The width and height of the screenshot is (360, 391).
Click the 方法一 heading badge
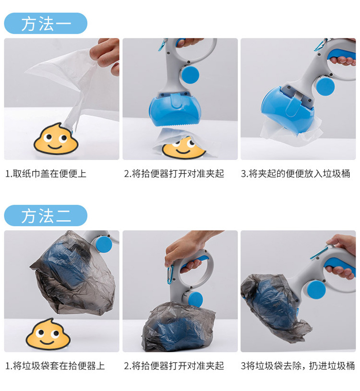(x=46, y=24)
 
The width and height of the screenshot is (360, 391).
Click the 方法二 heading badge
(x=46, y=216)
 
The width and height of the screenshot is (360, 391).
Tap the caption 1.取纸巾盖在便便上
(x=46, y=173)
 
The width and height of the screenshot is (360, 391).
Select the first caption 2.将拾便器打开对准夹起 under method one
(x=174, y=173)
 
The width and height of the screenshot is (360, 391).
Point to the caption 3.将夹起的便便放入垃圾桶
(x=296, y=173)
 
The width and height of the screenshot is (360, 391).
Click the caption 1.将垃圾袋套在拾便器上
(x=55, y=366)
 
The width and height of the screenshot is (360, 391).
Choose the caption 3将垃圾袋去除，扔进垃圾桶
(x=298, y=366)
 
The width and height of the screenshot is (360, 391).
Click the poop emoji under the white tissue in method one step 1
(x=56, y=138)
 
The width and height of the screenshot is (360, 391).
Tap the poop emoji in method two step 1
(x=48, y=334)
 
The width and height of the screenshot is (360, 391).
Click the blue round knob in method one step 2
(x=190, y=73)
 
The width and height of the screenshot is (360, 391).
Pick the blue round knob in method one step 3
(x=325, y=85)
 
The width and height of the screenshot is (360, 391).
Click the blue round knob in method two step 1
(x=103, y=244)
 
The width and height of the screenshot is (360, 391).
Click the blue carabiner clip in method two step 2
(x=170, y=275)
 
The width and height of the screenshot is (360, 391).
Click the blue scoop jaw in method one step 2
(x=176, y=110)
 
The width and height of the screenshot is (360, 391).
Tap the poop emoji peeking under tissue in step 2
(x=184, y=147)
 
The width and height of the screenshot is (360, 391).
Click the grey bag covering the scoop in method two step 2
(x=178, y=327)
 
